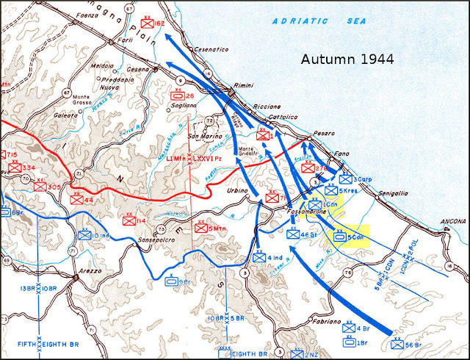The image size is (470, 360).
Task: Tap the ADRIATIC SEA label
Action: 319,21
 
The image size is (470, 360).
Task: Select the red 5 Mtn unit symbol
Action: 199,228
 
